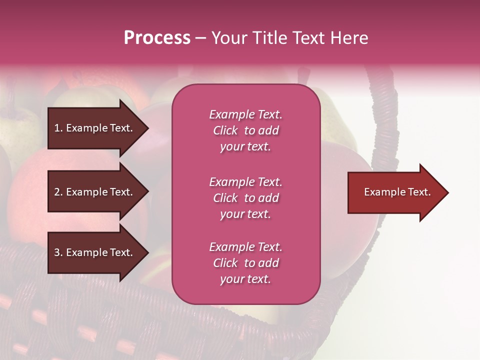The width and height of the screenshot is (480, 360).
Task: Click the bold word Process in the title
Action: [157, 38]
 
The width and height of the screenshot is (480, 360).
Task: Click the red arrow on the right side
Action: [395, 192]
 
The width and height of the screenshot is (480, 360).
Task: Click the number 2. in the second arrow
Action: [58, 192]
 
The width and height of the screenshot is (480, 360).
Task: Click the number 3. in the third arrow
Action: [58, 252]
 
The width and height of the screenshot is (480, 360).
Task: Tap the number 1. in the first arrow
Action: [58, 128]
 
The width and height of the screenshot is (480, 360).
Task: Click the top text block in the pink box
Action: [245, 130]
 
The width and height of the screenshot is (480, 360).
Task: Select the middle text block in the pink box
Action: [245, 198]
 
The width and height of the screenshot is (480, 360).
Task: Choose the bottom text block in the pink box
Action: [245, 263]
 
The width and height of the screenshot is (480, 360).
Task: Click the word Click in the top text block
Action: [225, 130]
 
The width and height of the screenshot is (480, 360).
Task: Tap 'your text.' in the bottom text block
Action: [245, 279]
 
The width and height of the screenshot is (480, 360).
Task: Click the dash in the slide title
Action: [200, 38]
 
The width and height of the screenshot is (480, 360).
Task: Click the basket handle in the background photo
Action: [385, 120]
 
